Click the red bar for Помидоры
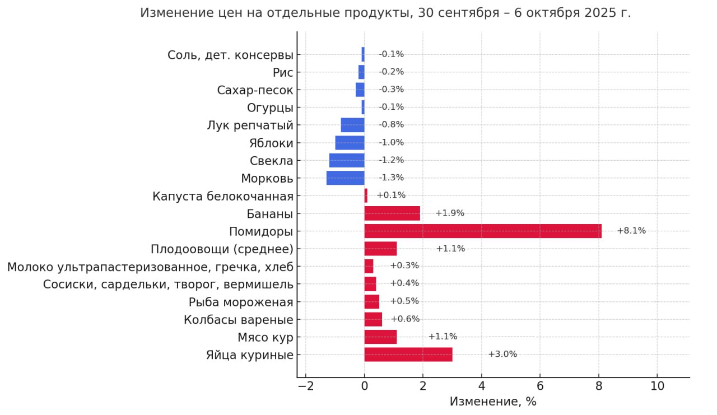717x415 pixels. coord(483,231)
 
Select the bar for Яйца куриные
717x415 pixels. coord(408,355)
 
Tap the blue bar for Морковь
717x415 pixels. coord(346,178)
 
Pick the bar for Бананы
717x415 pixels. coord(392,213)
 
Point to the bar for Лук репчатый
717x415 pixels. coord(353,125)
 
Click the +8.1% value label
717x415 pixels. coord(631,231)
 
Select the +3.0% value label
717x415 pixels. coord(502,354)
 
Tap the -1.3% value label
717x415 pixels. coord(391,178)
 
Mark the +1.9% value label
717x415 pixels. coord(450,213)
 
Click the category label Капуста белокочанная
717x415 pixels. coord(223,196)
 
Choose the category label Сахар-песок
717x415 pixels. coord(255,90)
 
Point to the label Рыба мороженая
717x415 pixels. coord(241,302)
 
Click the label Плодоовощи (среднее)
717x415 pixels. coord(222,249)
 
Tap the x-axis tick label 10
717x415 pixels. coord(657,386)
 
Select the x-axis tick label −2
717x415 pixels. coord(306,386)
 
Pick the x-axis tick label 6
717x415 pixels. coord(540,386)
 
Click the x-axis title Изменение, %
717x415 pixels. coord(493,402)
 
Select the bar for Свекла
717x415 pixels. coord(347,161)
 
